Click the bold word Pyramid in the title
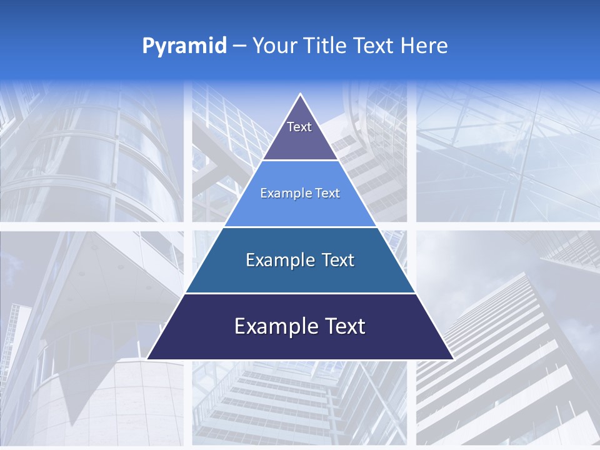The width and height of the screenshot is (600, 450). pos(184,46)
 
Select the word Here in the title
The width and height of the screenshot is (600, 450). pos(424,46)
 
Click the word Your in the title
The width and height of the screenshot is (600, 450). pos(274,46)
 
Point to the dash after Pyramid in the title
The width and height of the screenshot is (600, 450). pos(239,46)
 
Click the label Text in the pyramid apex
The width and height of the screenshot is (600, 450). pos(299,127)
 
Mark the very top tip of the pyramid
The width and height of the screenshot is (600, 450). pos(301,96)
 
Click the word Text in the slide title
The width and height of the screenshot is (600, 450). pos(374,46)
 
